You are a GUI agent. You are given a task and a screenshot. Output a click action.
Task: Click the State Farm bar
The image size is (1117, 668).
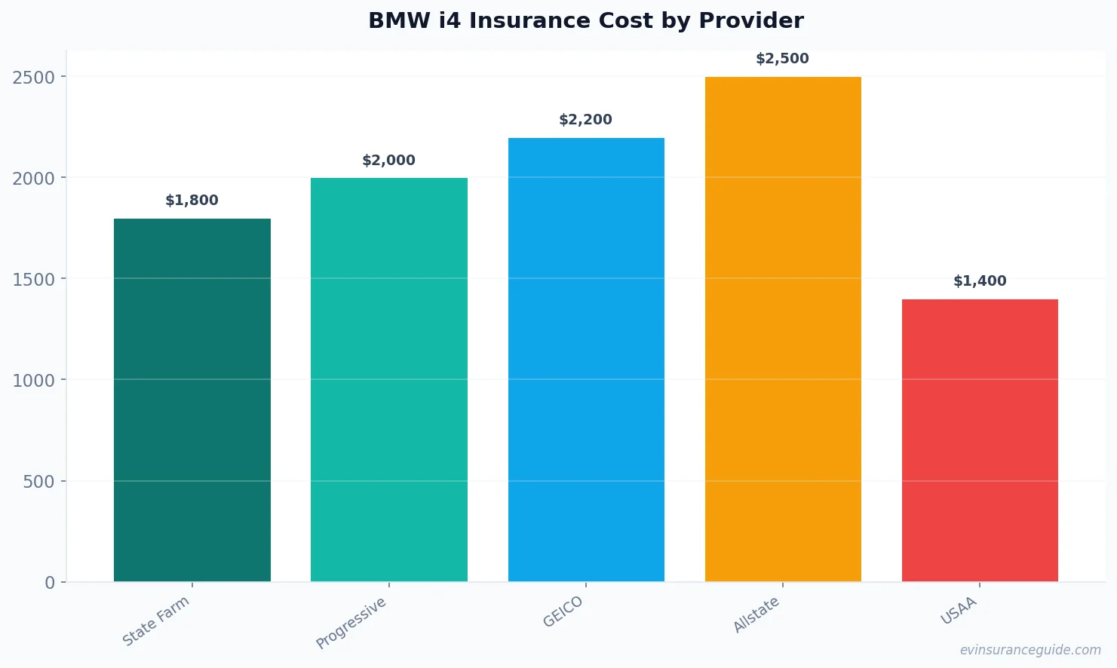[x=192, y=400]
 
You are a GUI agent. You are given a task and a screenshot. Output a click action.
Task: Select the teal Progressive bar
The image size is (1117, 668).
[x=388, y=379]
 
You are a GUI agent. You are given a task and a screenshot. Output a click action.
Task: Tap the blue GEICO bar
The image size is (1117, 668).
[x=586, y=359]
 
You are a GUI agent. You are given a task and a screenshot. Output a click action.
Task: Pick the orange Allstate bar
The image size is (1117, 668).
[x=783, y=329]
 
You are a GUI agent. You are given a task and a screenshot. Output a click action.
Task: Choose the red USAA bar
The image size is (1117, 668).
[x=980, y=440]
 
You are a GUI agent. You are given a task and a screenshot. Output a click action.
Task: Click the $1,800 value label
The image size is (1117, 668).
[x=192, y=201]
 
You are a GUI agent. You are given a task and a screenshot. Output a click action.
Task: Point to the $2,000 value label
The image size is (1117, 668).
[x=388, y=161]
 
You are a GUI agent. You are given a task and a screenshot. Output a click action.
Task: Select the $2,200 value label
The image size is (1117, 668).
[x=585, y=120]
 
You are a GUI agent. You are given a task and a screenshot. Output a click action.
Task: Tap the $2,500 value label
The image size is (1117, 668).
[x=782, y=59]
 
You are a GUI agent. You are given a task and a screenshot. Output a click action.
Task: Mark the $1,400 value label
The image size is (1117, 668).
[x=980, y=281]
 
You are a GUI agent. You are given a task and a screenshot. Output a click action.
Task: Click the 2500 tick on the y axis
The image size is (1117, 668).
[x=34, y=78]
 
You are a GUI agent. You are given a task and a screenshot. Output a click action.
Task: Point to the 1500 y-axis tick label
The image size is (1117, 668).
[x=34, y=280]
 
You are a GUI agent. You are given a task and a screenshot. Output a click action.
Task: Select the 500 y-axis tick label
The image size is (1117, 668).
[x=38, y=482]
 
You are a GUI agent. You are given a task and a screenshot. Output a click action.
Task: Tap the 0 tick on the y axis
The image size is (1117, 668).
[x=50, y=583]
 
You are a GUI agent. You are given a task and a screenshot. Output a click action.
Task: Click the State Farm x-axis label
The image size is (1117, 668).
[x=156, y=621]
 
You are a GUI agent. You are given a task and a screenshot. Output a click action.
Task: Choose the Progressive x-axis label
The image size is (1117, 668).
[x=351, y=623]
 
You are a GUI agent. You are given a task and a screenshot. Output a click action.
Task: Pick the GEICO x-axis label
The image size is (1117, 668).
[x=563, y=611]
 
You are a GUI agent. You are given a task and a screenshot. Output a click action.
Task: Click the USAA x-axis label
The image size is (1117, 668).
[x=959, y=611]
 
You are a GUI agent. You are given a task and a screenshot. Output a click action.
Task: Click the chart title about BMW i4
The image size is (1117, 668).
[x=585, y=20]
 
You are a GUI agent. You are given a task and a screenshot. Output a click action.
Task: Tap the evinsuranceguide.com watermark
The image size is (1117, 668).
[x=1030, y=650]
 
